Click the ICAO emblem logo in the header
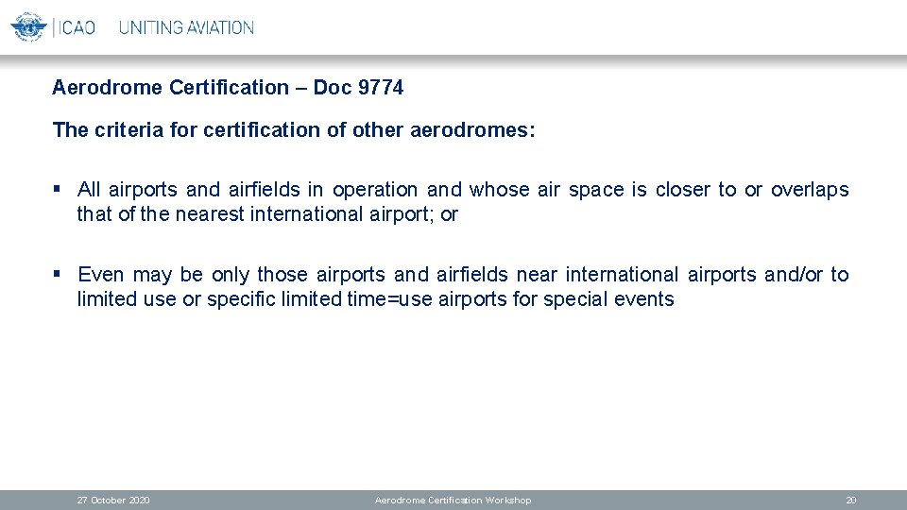coord(27,26)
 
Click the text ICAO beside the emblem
coord(77,27)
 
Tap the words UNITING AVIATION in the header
coord(186,27)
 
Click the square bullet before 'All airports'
coord(58,190)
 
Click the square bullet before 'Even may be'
coord(58,275)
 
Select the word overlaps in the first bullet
coord(810,190)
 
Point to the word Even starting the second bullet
coord(101,275)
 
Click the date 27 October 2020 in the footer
coord(112,500)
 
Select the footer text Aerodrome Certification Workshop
coord(453,500)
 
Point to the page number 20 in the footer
coord(850,500)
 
